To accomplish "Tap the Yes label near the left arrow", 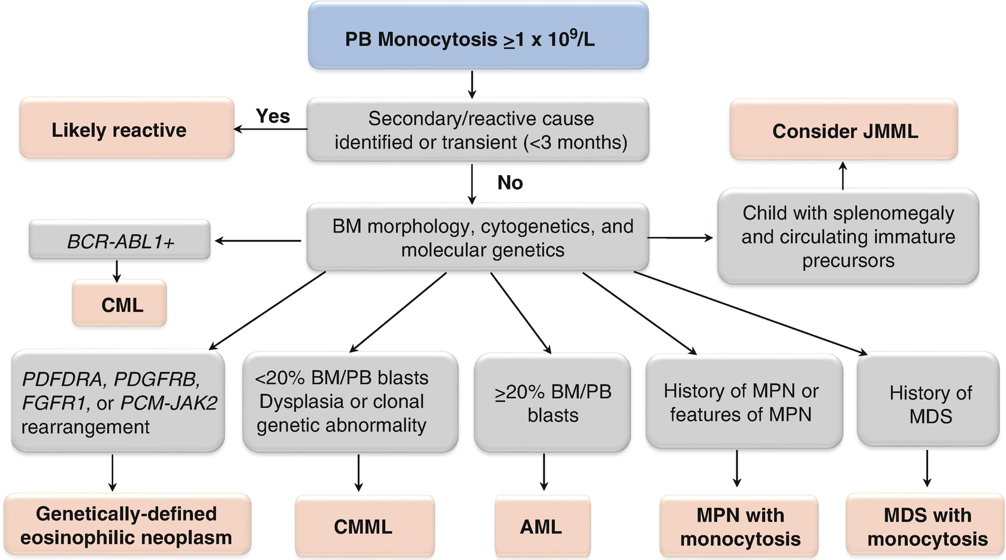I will point(273,116).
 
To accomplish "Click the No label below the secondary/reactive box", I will point(510,182).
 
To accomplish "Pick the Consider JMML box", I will point(844,130).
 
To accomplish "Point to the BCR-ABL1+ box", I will point(120,241).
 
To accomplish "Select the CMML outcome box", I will point(364,526).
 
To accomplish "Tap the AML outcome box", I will point(542,526).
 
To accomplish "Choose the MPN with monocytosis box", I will point(739,526).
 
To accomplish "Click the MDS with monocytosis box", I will point(926,526).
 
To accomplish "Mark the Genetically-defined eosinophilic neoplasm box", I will point(126,525).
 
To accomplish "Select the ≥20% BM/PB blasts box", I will point(552,403).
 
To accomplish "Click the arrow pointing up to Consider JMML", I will point(843,175).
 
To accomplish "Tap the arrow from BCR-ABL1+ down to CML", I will point(117,270).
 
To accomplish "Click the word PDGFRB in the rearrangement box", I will point(156,379).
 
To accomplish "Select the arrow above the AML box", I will point(543,472).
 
